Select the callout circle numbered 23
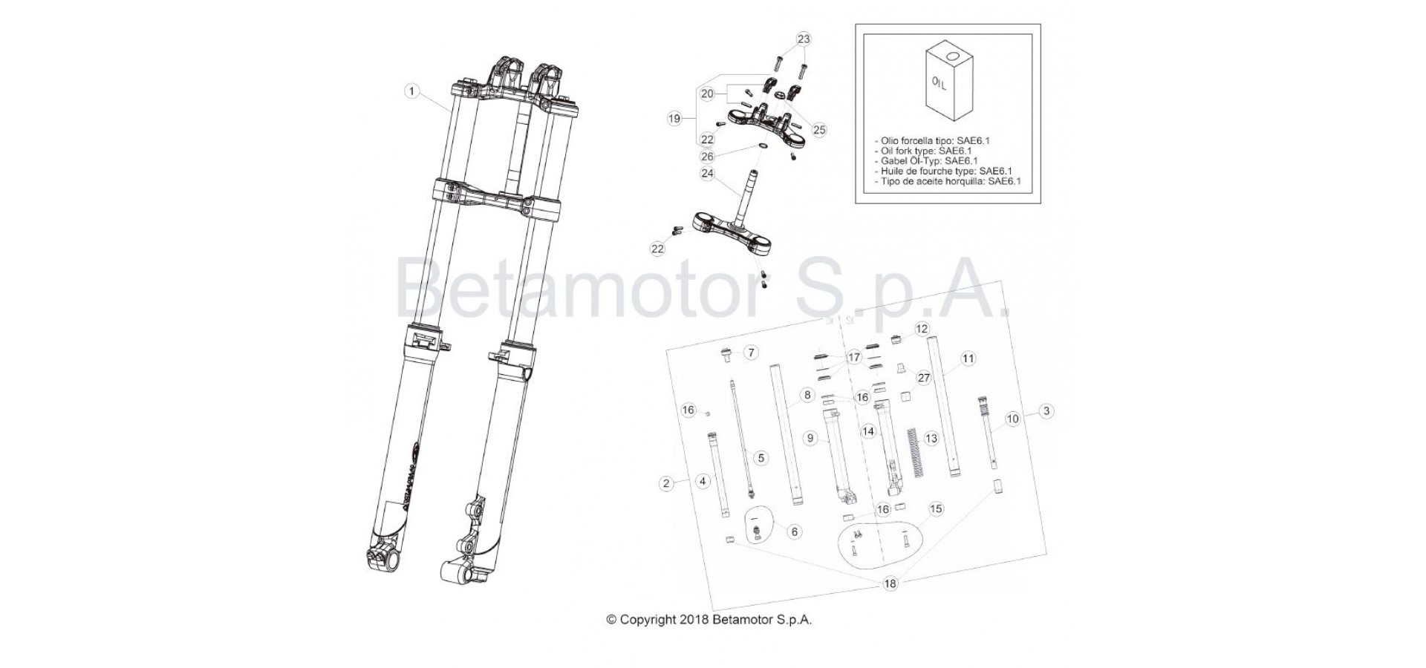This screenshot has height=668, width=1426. (x=804, y=39)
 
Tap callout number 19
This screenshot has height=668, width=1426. (x=674, y=118)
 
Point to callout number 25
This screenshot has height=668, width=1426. (x=819, y=131)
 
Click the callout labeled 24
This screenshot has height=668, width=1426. (x=708, y=174)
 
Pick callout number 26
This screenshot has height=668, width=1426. (x=708, y=157)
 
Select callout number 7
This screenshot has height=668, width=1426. (x=751, y=352)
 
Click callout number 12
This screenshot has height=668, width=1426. (x=922, y=328)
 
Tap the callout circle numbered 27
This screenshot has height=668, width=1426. (x=924, y=378)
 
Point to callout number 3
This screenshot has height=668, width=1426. (x=1046, y=410)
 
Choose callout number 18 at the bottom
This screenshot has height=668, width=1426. (x=890, y=583)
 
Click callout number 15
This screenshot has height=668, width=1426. (x=936, y=509)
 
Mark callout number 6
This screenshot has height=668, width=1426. (x=794, y=531)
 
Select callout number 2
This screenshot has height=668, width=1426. (x=666, y=483)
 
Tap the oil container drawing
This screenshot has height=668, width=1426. (x=947, y=82)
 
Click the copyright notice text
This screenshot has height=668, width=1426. (x=709, y=620)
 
